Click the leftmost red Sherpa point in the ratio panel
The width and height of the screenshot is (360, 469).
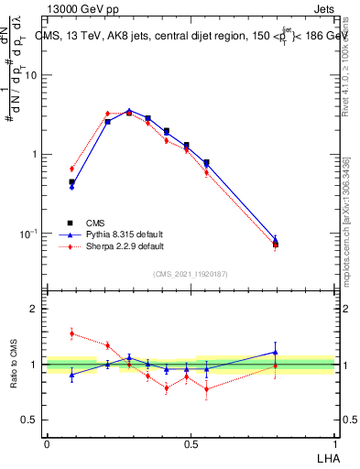click(x=72, y=333)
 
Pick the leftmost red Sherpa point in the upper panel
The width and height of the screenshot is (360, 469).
click(x=72, y=169)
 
